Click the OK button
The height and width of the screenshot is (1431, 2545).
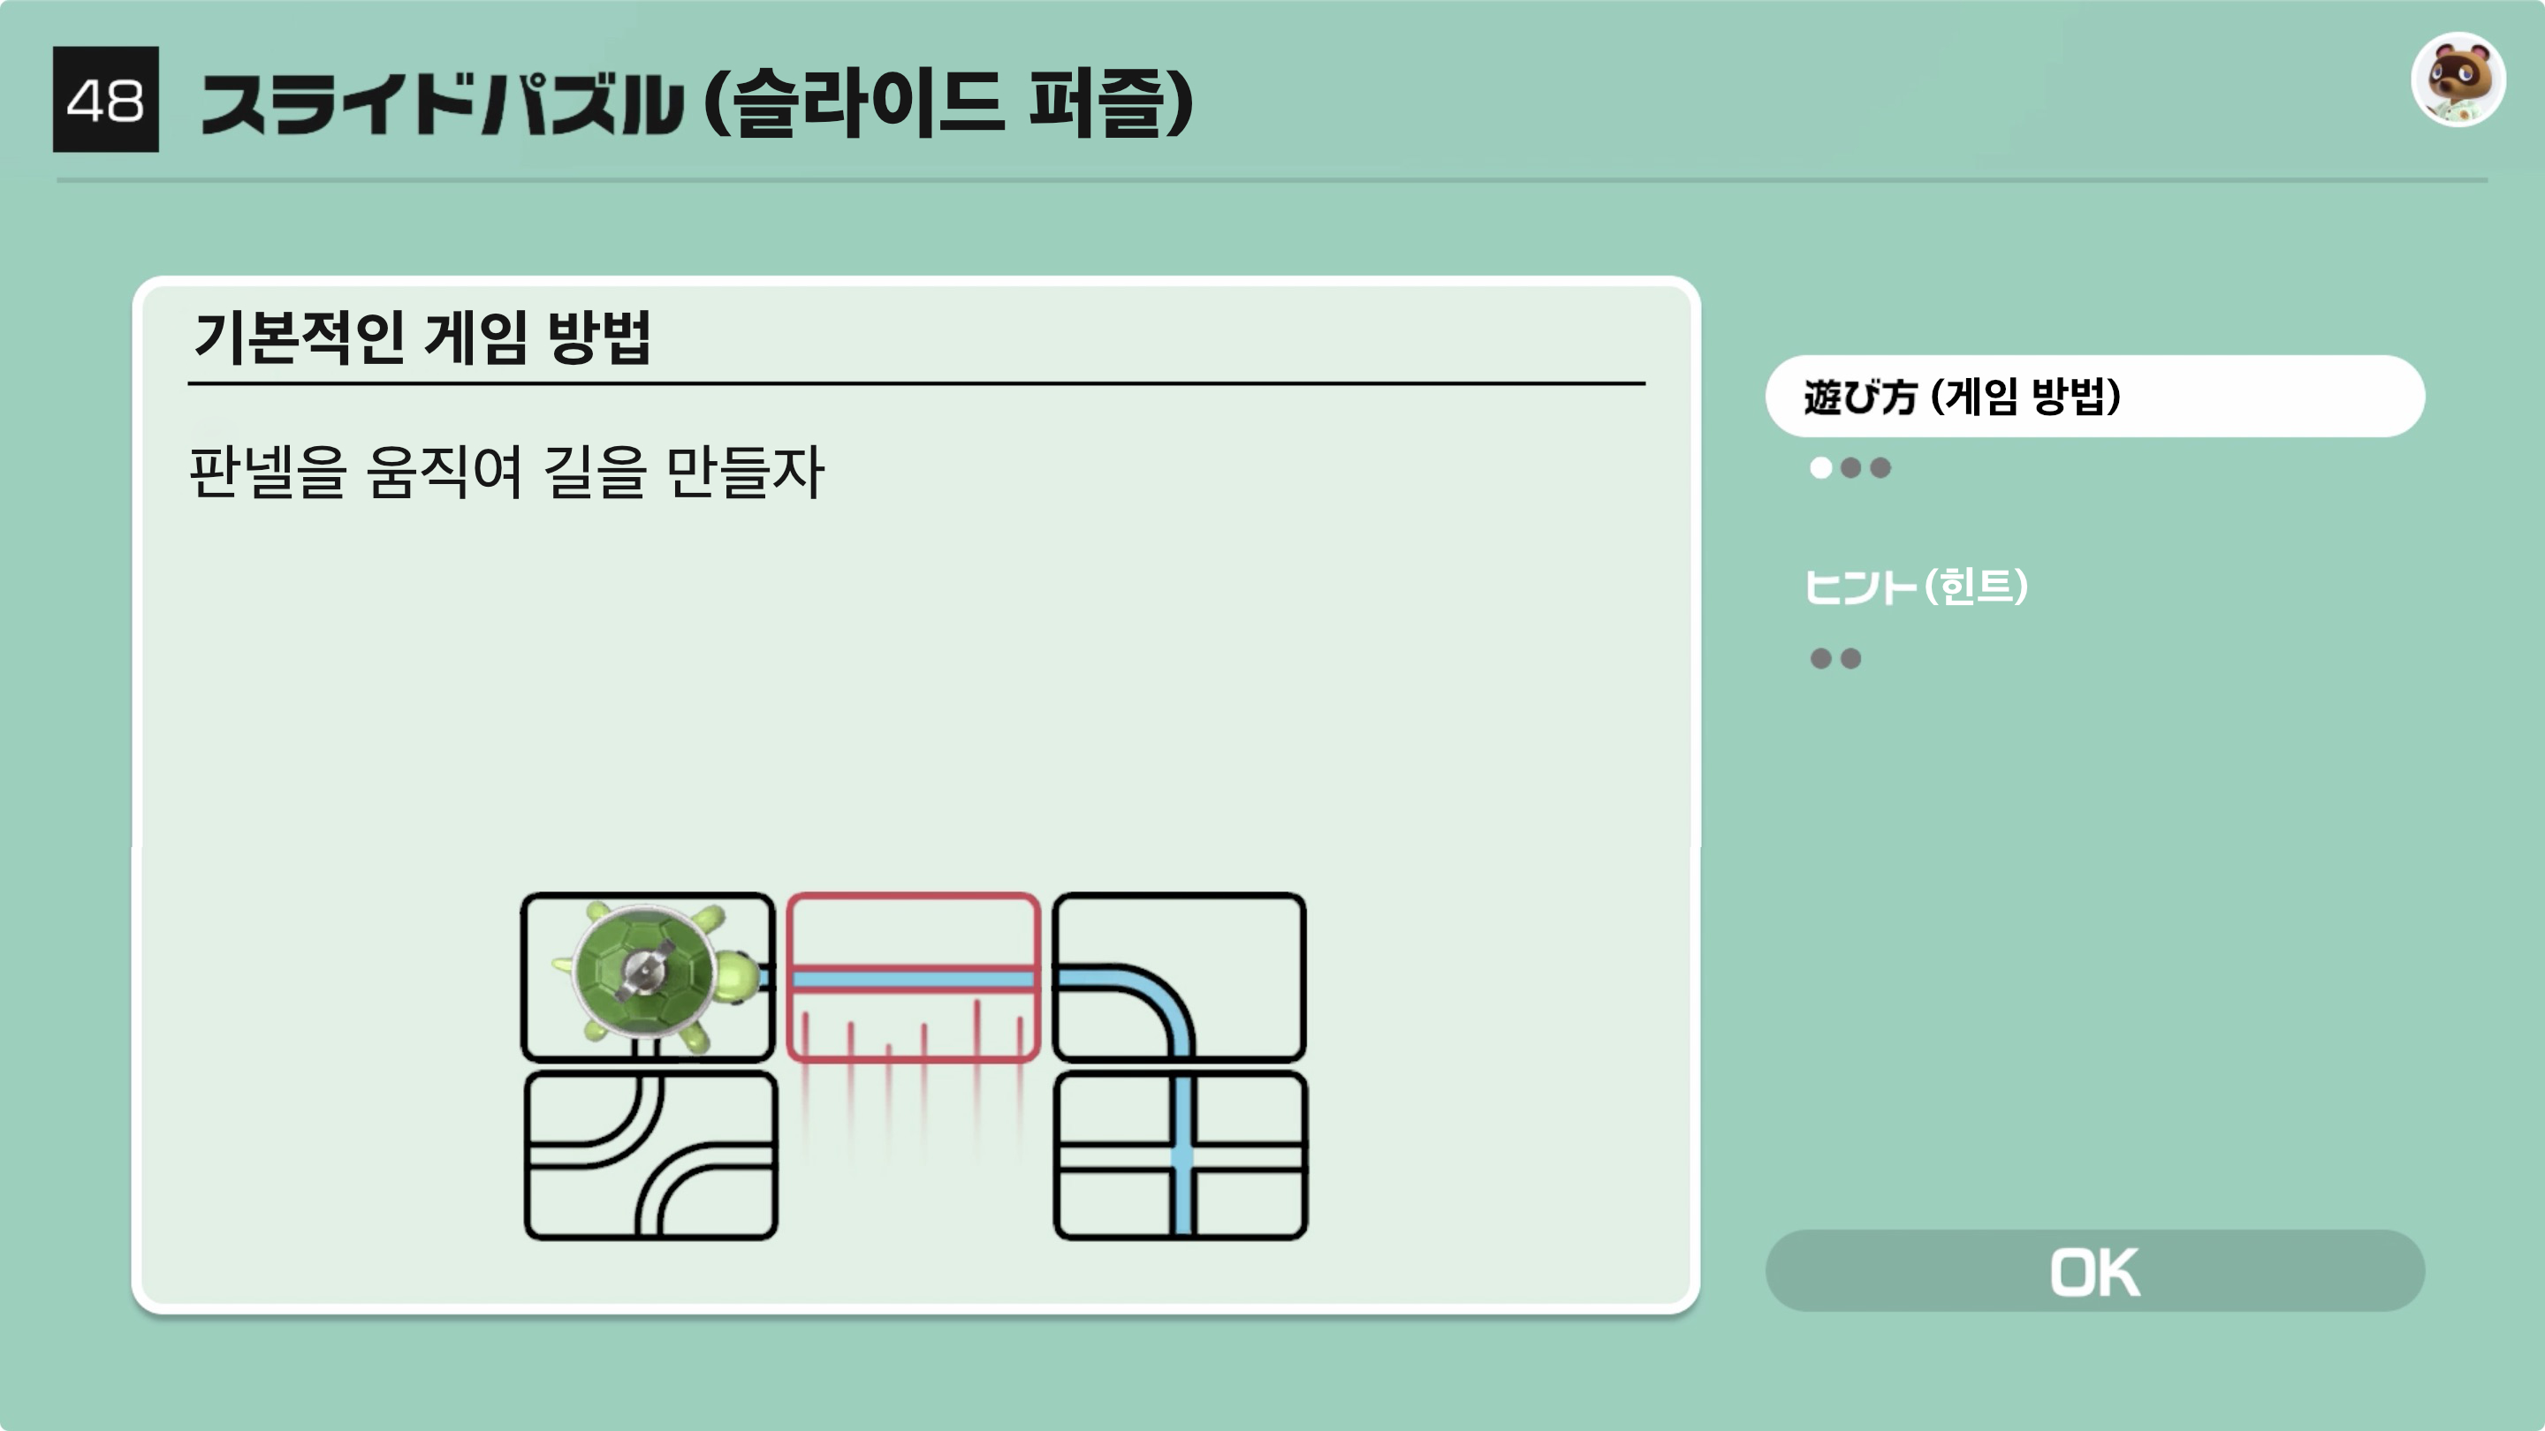pos(2094,1271)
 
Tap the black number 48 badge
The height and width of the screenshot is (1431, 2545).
pos(106,100)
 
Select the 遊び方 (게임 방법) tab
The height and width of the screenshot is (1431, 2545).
pos(2094,396)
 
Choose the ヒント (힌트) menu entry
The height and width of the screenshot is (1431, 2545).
pos(1916,587)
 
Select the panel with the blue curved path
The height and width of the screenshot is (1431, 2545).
pos(1179,976)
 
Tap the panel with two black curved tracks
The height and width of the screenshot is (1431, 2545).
pos(651,1155)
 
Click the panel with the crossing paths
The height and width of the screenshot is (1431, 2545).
pos(1181,1155)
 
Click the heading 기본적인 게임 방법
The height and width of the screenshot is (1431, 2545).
pos(422,337)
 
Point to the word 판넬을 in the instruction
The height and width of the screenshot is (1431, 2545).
pos(268,472)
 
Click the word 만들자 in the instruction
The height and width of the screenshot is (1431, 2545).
pos(745,472)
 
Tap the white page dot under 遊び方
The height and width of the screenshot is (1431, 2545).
pos(1819,468)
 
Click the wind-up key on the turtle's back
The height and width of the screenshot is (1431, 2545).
pos(643,969)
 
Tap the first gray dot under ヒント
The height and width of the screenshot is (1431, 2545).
pos(1819,659)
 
